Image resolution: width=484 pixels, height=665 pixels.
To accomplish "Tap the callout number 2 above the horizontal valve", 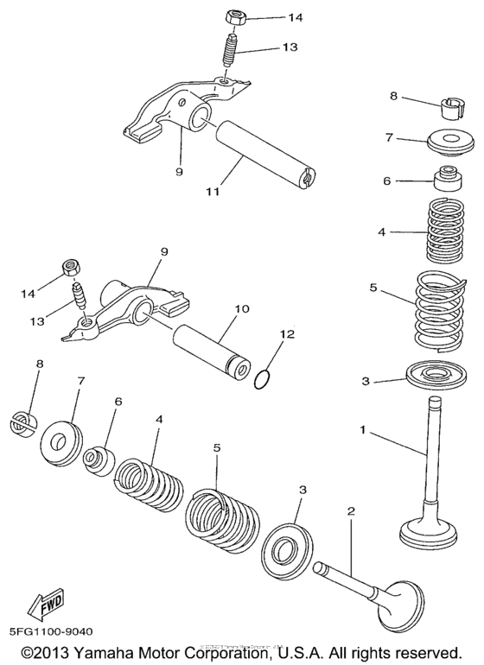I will [x=351, y=512].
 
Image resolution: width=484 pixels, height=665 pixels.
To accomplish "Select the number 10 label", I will [x=242, y=308].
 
